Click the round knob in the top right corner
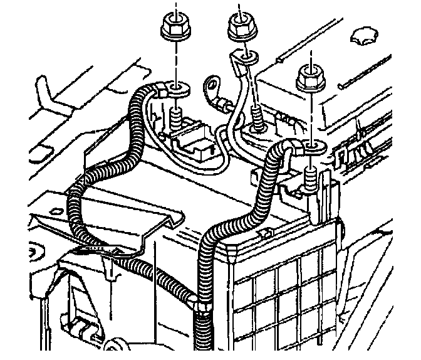click(x=363, y=34)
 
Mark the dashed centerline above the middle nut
click(x=239, y=8)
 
